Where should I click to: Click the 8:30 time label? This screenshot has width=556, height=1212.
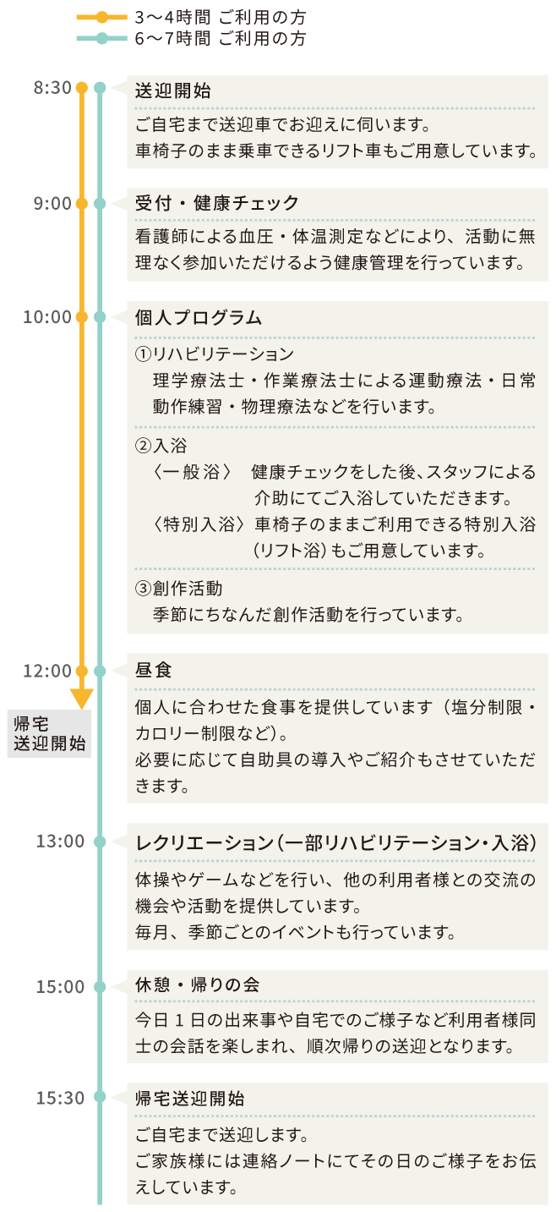pyautogui.click(x=52, y=88)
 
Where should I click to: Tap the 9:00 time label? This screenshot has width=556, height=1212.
pyautogui.click(x=52, y=204)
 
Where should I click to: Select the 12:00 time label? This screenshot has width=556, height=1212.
pyautogui.click(x=47, y=671)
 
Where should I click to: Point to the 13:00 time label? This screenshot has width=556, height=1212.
pyautogui.click(x=60, y=842)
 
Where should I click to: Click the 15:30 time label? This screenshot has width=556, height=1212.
pyautogui.click(x=60, y=1098)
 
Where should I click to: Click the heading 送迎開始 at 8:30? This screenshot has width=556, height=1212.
pyautogui.click(x=173, y=90)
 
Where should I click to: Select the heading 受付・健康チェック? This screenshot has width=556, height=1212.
pyautogui.click(x=216, y=204)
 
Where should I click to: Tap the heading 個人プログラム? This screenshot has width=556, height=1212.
pyautogui.click(x=199, y=318)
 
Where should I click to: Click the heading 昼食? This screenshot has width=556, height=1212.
pyautogui.click(x=154, y=670)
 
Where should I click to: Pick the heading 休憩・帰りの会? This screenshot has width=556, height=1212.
pyautogui.click(x=197, y=984)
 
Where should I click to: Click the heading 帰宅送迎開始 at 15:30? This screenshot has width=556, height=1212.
pyautogui.click(x=189, y=1099)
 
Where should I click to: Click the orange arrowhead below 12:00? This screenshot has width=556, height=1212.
pyautogui.click(x=82, y=699)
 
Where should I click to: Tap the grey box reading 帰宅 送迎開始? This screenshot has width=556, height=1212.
pyautogui.click(x=49, y=733)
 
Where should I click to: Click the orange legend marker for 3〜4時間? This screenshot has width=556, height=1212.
pyautogui.click(x=101, y=18)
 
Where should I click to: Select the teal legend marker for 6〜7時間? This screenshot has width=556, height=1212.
pyautogui.click(x=101, y=38)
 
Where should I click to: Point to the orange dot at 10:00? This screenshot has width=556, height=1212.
pyautogui.click(x=82, y=317)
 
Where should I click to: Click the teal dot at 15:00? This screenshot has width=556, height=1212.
pyautogui.click(x=100, y=987)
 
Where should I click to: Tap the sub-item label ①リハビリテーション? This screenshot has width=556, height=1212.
pyautogui.click(x=215, y=354)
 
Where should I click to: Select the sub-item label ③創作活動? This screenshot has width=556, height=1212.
pyautogui.click(x=179, y=588)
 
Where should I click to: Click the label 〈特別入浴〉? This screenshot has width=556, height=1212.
pyautogui.click(x=199, y=524)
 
